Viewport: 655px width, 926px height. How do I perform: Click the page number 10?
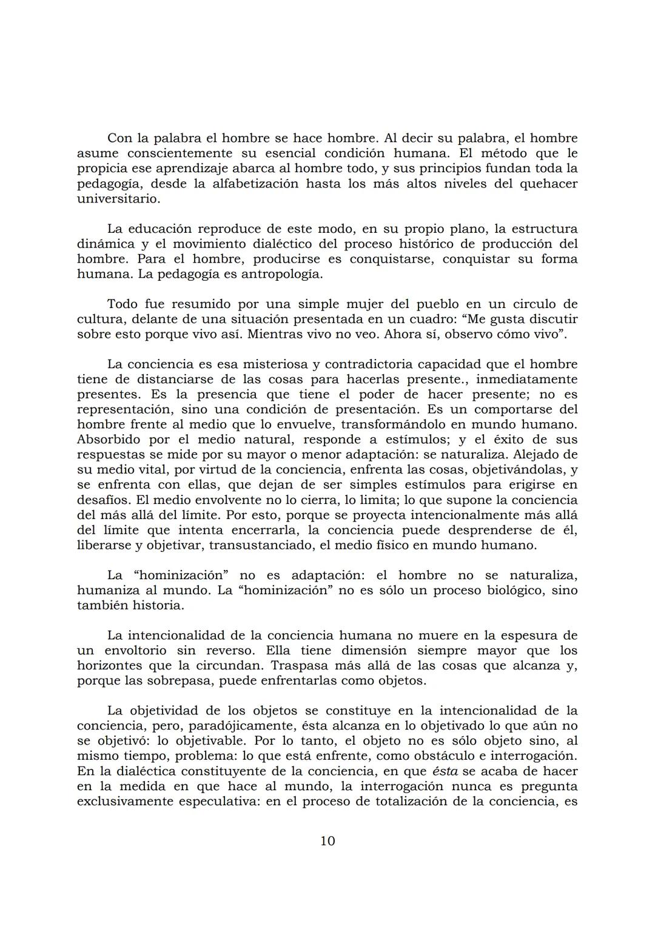327,841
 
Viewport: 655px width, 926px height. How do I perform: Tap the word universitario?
119,199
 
